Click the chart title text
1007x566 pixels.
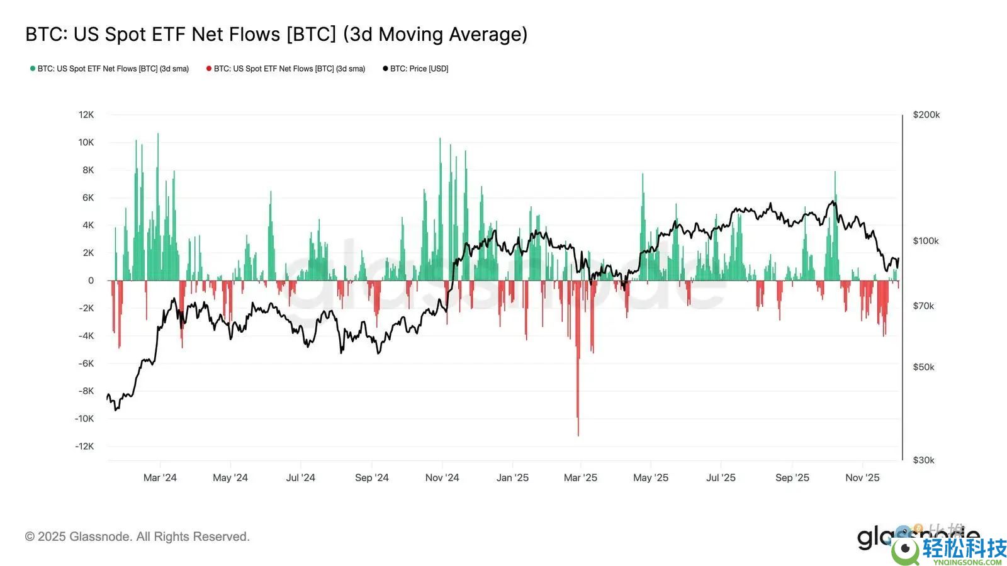pyautogui.click(x=276, y=34)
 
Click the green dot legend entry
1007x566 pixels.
pyautogui.click(x=110, y=69)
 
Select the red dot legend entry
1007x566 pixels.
pyautogui.click(x=286, y=69)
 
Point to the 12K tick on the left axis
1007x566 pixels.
pyautogui.click(x=86, y=114)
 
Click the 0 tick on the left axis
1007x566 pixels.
pyautogui.click(x=91, y=280)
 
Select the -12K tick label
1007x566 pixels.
pyautogui.click(x=84, y=446)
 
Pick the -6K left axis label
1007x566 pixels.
pyautogui.click(x=86, y=363)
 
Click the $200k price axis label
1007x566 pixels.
pyautogui.click(x=926, y=114)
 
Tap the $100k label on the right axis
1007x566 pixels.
pyautogui.click(x=926, y=241)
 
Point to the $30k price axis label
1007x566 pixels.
pyautogui.click(x=923, y=460)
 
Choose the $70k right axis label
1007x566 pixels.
pyautogui.click(x=923, y=306)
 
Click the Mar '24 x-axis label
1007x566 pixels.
pyautogui.click(x=160, y=478)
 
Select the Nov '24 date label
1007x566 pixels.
pyautogui.click(x=442, y=478)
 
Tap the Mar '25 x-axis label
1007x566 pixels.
pyautogui.click(x=580, y=478)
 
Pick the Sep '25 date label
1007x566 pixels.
pyautogui.click(x=792, y=478)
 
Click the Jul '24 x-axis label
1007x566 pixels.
pyautogui.click(x=300, y=478)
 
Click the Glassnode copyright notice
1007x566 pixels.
pyautogui.click(x=137, y=536)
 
